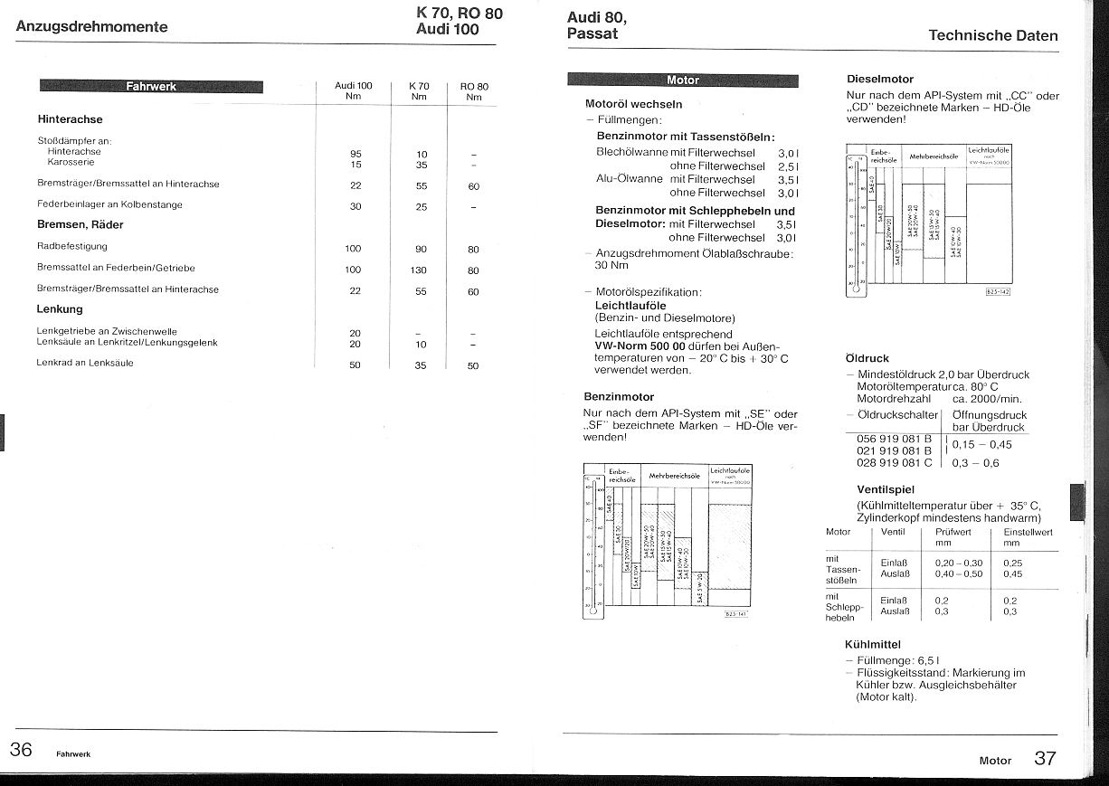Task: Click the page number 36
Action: pyautogui.click(x=22, y=750)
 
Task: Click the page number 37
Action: pyautogui.click(x=1045, y=758)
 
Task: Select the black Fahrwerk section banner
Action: pyautogui.click(x=151, y=87)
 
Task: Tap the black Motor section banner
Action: pyautogui.click(x=682, y=80)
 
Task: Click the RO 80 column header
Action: pyautogui.click(x=473, y=90)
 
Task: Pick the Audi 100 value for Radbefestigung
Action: pyautogui.click(x=353, y=248)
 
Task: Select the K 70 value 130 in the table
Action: pyautogui.click(x=420, y=270)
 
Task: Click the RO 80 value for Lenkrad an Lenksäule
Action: pyautogui.click(x=473, y=365)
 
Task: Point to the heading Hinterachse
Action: pyautogui.click(x=70, y=118)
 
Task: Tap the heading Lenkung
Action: pyautogui.click(x=60, y=309)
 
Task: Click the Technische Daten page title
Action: pyautogui.click(x=992, y=36)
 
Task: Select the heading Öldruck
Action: pyautogui.click(x=867, y=358)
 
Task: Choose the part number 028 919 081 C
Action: pyautogui.click(x=894, y=462)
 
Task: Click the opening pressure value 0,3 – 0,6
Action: pyautogui.click(x=975, y=462)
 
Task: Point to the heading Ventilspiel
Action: pyautogui.click(x=885, y=489)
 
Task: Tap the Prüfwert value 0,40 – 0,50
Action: pyautogui.click(x=958, y=573)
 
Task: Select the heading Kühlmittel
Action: pyautogui.click(x=872, y=644)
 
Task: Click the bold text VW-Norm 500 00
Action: pyautogui.click(x=639, y=346)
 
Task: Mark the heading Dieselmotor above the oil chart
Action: pyautogui.click(x=879, y=79)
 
